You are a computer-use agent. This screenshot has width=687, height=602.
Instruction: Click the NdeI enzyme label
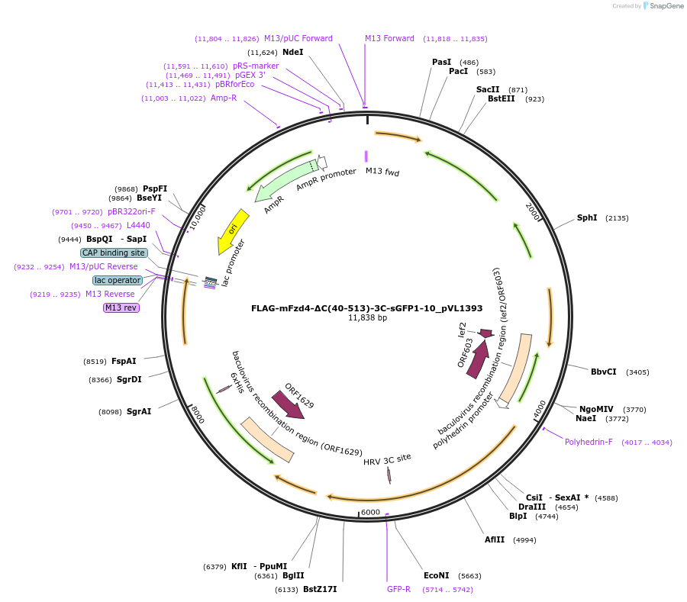(x=292, y=52)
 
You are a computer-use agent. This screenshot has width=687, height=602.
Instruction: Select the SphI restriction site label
(x=587, y=217)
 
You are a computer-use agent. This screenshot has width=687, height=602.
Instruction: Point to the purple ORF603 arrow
(x=478, y=358)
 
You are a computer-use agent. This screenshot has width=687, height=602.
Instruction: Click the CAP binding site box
(x=114, y=253)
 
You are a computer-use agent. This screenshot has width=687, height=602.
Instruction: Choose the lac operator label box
(x=118, y=280)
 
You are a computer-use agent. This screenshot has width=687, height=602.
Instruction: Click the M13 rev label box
(x=122, y=307)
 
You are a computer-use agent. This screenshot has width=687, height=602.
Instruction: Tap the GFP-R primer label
(x=398, y=589)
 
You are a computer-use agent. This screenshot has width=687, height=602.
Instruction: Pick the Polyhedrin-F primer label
(x=589, y=442)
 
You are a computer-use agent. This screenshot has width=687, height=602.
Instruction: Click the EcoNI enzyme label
(x=437, y=575)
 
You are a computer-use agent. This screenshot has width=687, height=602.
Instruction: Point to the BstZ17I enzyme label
(x=319, y=589)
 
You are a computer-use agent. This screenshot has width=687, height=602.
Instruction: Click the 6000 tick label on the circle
(x=370, y=512)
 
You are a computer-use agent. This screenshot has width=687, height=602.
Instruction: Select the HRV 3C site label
(x=387, y=460)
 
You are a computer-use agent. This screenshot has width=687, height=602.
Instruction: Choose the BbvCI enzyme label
(x=603, y=372)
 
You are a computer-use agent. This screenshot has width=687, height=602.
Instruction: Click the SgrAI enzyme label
(x=139, y=411)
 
